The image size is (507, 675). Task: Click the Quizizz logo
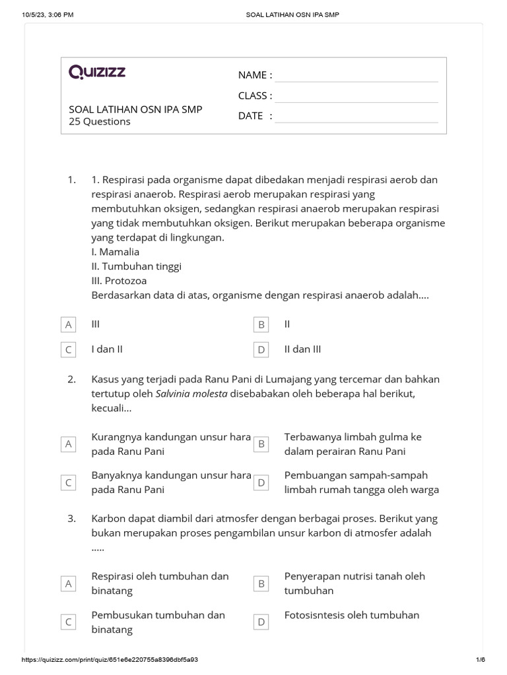tap(97, 73)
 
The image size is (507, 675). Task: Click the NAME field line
tap(356, 78)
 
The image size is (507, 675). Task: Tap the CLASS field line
tap(356, 99)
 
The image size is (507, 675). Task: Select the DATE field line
tap(356, 119)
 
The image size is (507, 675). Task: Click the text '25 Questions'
tap(100, 122)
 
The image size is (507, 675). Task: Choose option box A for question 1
tap(68, 325)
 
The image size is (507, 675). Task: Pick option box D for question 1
tap(261, 350)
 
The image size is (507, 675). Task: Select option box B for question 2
tap(261, 444)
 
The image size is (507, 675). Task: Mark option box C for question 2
tap(68, 483)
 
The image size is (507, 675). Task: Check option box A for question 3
tap(68, 583)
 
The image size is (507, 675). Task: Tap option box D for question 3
tap(261, 622)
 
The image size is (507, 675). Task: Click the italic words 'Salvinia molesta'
tap(191, 394)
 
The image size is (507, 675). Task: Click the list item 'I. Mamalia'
tap(116, 252)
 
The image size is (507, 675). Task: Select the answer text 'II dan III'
tap(303, 349)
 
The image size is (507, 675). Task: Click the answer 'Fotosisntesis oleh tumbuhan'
tap(352, 615)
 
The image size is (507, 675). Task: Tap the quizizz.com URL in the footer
tap(110, 660)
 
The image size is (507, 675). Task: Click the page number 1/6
tap(480, 660)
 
